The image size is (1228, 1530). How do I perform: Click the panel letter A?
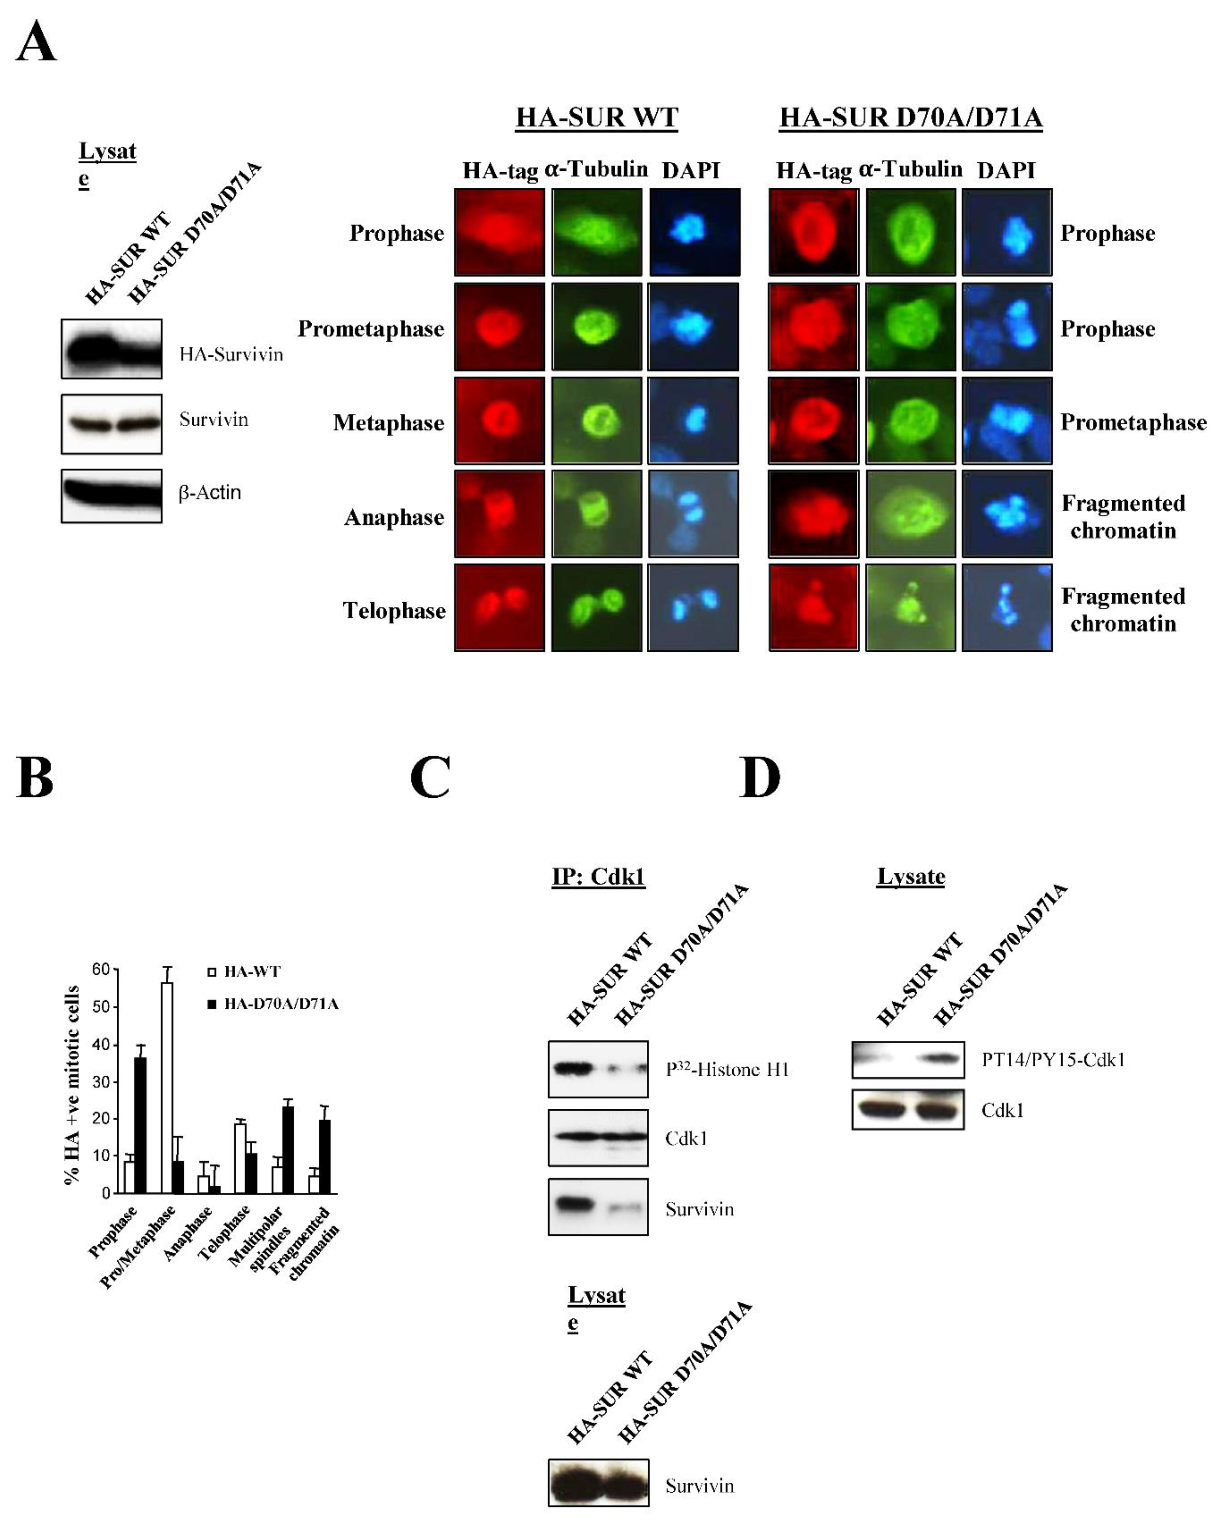coord(35,43)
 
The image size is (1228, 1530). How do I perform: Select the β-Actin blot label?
coord(210,492)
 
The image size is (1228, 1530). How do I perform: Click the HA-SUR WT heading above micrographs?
coord(596,117)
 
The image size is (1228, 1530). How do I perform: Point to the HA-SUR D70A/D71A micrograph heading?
coord(911,117)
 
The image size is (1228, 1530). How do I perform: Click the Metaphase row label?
coord(388,423)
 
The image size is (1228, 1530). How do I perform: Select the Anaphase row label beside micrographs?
coord(394,517)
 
